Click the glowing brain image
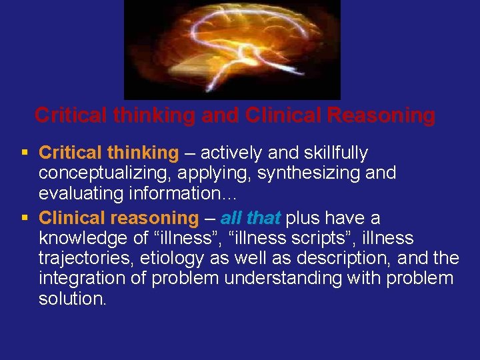(x=232, y=49)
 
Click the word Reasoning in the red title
(x=381, y=115)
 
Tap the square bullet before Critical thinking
(x=24, y=153)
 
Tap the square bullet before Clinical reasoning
(x=24, y=217)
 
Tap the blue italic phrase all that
(x=250, y=217)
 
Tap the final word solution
(x=72, y=299)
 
